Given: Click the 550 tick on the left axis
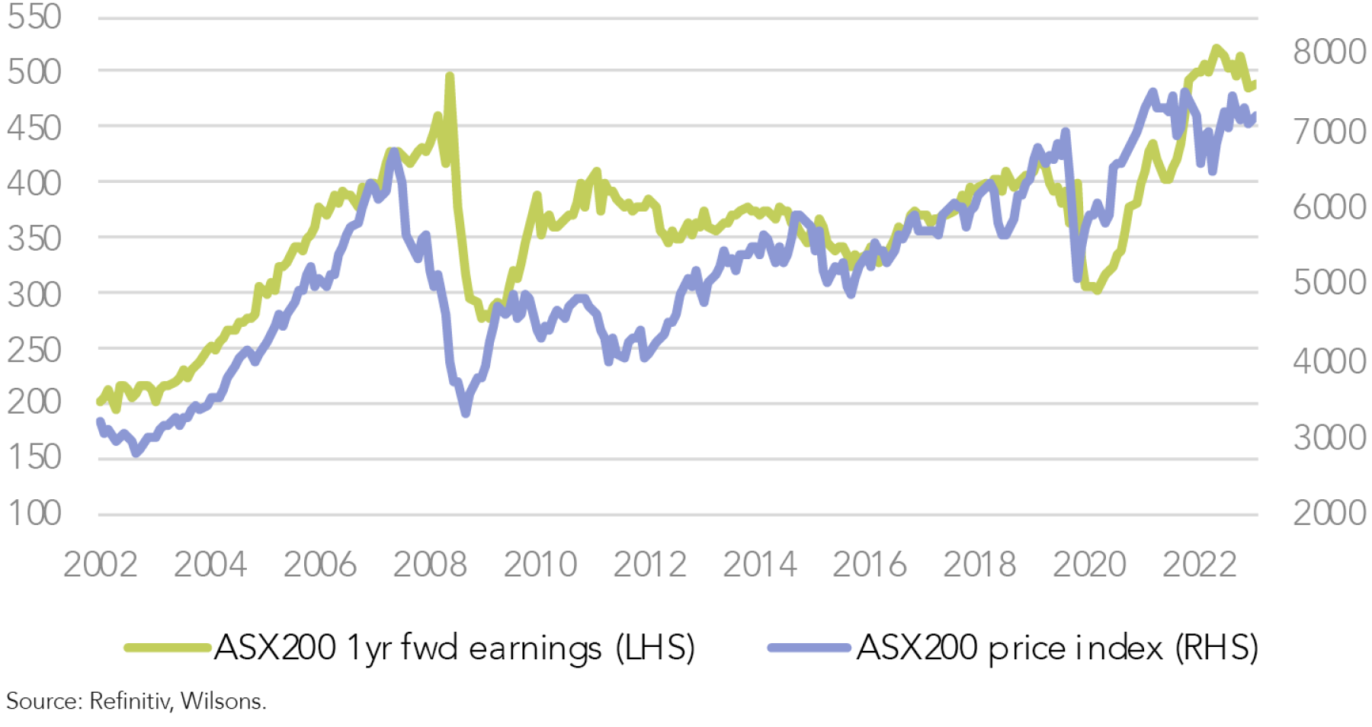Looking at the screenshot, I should tap(34, 17).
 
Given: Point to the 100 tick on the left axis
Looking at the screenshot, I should tap(34, 513).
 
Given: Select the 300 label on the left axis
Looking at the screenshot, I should tap(34, 294).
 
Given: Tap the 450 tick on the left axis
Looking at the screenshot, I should tap(34, 127).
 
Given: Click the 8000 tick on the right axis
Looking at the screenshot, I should tap(1329, 52).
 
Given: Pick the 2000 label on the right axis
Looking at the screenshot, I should tap(1329, 513).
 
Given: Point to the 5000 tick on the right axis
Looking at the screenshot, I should tap(1329, 283).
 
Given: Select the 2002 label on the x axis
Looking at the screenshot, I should tap(101, 565).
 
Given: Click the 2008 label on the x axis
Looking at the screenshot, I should tap(430, 565).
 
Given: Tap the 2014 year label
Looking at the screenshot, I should tap(760, 565).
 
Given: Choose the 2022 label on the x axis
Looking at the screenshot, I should tap(1199, 565).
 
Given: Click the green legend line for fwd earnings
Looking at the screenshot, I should tap(168, 648).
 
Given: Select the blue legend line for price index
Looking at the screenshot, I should tap(809, 648).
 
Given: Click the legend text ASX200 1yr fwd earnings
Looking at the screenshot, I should tap(454, 648).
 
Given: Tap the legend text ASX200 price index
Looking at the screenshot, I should tap(1057, 648).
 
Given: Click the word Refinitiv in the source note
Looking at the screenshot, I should tap(130, 700).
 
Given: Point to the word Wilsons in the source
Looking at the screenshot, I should tap(223, 700).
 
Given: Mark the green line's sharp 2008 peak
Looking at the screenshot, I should tap(450, 76).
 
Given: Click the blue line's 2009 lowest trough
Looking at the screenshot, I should tap(466, 412).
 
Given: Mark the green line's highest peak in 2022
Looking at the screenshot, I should tap(1217, 49).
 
